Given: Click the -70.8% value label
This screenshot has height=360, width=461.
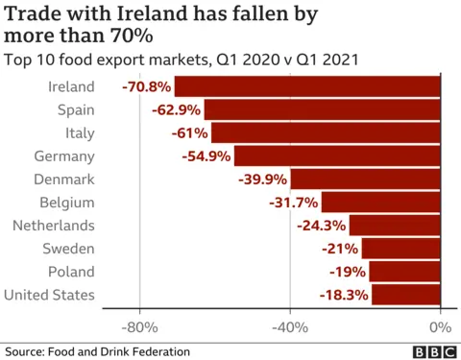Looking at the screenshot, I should [x=147, y=86].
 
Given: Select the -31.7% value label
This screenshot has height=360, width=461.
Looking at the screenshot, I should [x=294, y=203].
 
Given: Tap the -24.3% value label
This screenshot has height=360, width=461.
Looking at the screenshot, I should [x=322, y=226].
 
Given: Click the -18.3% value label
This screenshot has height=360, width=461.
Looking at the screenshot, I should [x=345, y=295].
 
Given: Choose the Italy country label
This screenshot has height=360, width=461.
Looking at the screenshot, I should [x=78, y=132].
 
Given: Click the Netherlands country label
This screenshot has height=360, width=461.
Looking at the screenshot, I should [x=54, y=226].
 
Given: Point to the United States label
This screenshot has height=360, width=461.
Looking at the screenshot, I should [x=50, y=295].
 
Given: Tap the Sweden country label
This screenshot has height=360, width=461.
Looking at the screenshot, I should [x=68, y=249].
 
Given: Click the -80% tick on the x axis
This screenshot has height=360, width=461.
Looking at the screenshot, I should [x=140, y=325].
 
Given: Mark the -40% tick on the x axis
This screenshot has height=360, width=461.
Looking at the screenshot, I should [x=290, y=325].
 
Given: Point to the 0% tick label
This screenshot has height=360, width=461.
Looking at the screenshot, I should [x=439, y=325].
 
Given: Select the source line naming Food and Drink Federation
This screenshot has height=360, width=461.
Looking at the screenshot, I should [x=97, y=351].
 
